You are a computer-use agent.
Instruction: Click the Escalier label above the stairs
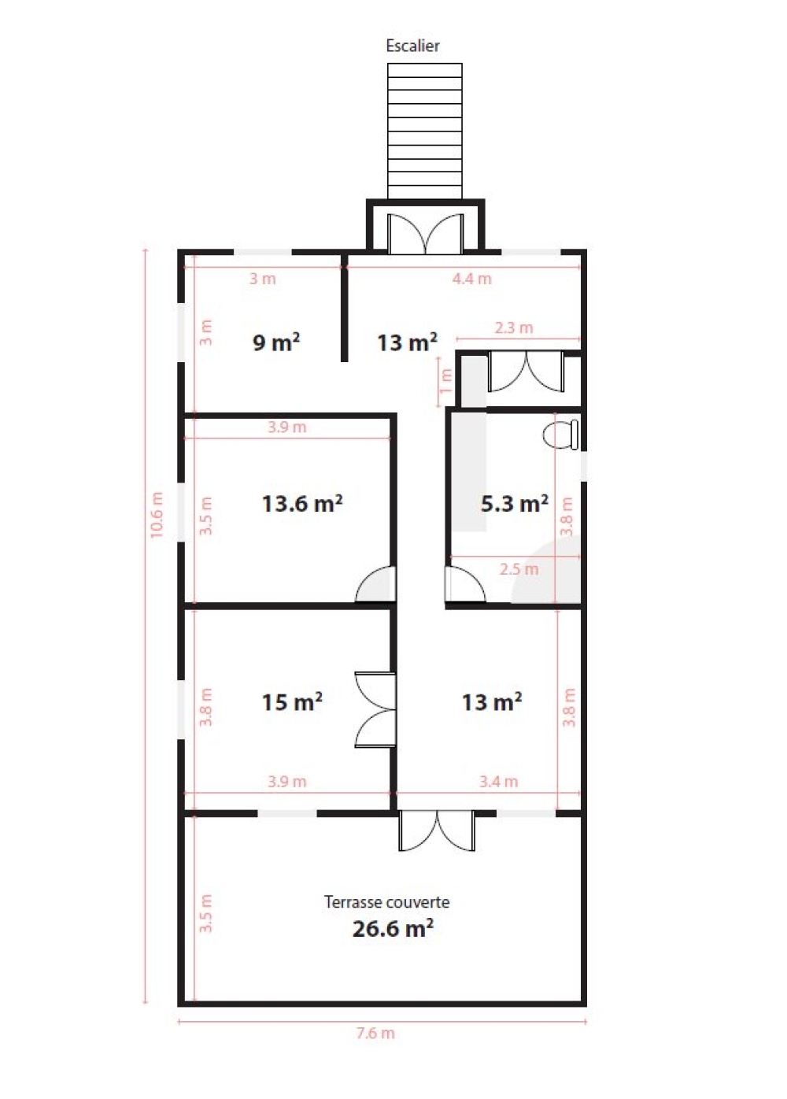412,46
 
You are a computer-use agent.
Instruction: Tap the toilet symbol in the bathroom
560,434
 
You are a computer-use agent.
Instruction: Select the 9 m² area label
276,342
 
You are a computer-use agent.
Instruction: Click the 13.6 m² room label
302,503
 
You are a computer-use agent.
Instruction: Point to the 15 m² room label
292,702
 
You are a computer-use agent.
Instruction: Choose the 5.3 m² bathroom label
515,503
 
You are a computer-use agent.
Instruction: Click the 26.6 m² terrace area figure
393,928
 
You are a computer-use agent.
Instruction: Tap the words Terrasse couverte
386,901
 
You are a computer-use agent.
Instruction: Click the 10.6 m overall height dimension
157,515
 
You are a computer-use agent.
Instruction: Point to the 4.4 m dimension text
471,279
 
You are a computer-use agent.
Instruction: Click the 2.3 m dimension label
513,327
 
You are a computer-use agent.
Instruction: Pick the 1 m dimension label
445,381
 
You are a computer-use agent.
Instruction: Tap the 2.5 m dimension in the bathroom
519,569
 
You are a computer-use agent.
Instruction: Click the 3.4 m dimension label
498,781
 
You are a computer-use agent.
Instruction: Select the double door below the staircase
425,234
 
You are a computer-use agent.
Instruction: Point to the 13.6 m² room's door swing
375,583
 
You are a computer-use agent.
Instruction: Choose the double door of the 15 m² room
375,709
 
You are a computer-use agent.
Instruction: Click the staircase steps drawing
425,131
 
